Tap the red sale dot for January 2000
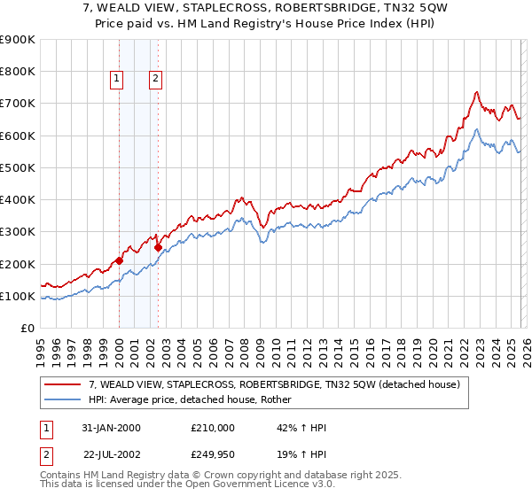click(x=119, y=260)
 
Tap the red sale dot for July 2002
click(x=158, y=248)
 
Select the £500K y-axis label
click(x=18, y=167)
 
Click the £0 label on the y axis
click(x=27, y=328)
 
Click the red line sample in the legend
click(x=62, y=385)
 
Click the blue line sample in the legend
click(x=62, y=400)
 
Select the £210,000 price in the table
click(x=213, y=428)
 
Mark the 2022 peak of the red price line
click(x=476, y=91)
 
